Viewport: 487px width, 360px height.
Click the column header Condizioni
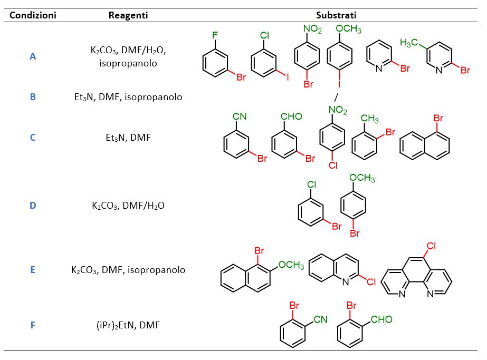[33, 15]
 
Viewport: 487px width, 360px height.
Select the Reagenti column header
[128, 15]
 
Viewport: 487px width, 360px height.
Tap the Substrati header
[336, 15]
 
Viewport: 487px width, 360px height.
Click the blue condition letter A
[33, 56]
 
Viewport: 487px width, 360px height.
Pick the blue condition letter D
[33, 206]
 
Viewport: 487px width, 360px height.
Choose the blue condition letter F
[33, 325]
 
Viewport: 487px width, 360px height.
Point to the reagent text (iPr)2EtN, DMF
[128, 325]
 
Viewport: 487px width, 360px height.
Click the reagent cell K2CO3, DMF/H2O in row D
[128, 206]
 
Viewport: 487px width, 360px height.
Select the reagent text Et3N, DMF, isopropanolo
[128, 97]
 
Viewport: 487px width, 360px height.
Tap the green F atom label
[215, 35]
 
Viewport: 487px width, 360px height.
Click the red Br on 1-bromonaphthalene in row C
[438, 118]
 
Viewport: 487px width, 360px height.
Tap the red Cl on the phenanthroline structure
[431, 246]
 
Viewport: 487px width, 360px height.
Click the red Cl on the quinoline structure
[367, 282]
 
